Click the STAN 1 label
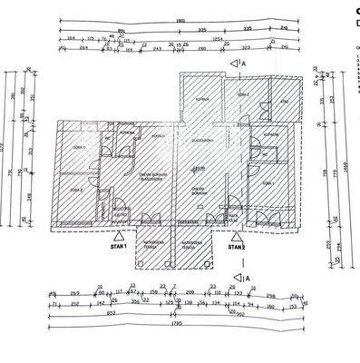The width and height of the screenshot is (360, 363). point(117,246)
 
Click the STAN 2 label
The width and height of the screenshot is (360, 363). point(237,246)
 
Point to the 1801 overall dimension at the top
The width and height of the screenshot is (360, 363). point(180,21)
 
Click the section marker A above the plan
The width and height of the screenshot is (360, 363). point(243,64)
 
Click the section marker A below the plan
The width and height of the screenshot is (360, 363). point(243,278)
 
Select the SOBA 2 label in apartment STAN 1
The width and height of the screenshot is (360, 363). point(78,190)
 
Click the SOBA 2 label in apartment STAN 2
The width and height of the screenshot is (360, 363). point(242,94)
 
